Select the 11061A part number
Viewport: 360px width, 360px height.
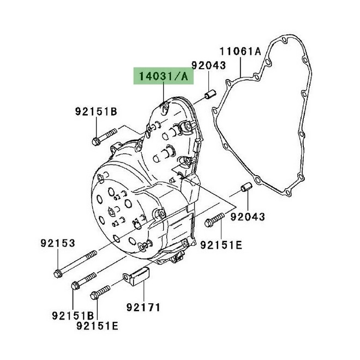(x=241, y=52)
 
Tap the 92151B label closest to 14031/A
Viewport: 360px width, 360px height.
(x=96, y=112)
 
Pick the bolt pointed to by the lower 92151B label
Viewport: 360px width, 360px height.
(x=86, y=280)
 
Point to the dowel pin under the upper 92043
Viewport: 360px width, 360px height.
(x=207, y=95)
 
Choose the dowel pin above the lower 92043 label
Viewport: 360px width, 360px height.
(x=245, y=188)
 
